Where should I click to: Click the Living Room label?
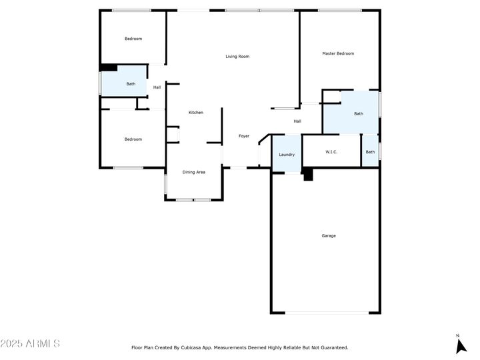[237, 56]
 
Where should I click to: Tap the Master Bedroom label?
[338, 53]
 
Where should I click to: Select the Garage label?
[329, 236]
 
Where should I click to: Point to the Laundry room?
[287, 154]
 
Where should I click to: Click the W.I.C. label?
[331, 152]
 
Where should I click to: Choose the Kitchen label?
[196, 113]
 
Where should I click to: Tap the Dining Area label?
[194, 172]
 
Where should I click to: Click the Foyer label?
[244, 136]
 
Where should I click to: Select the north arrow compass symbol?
[461, 345]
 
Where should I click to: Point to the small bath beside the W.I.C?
[370, 151]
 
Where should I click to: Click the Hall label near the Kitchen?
[157, 87]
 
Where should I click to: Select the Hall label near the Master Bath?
[297, 121]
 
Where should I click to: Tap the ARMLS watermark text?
[30, 343]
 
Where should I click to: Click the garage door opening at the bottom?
[327, 313]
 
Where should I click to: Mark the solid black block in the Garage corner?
[308, 175]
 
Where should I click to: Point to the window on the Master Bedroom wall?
[340, 11]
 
